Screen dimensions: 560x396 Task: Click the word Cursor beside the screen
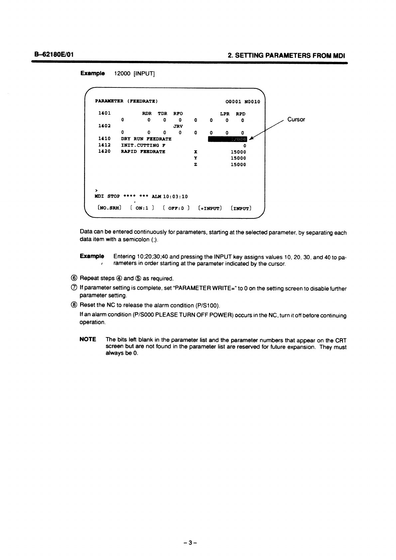tap(296, 119)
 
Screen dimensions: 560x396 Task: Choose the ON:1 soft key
tap(142, 208)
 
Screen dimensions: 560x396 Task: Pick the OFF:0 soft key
tap(176, 208)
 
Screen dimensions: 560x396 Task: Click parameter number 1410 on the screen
tap(104, 139)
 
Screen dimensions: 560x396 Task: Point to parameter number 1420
tap(104, 152)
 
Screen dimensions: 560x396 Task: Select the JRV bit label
tap(178, 126)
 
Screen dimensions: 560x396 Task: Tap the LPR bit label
tap(225, 114)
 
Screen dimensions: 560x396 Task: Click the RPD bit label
tap(241, 114)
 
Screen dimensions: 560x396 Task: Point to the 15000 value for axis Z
tap(238, 165)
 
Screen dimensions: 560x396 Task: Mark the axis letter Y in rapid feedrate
tap(196, 158)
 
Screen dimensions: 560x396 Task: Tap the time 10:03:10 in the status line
tap(175, 197)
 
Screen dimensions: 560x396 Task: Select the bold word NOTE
tap(88, 340)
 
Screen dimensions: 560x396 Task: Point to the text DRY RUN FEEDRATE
tap(146, 139)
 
